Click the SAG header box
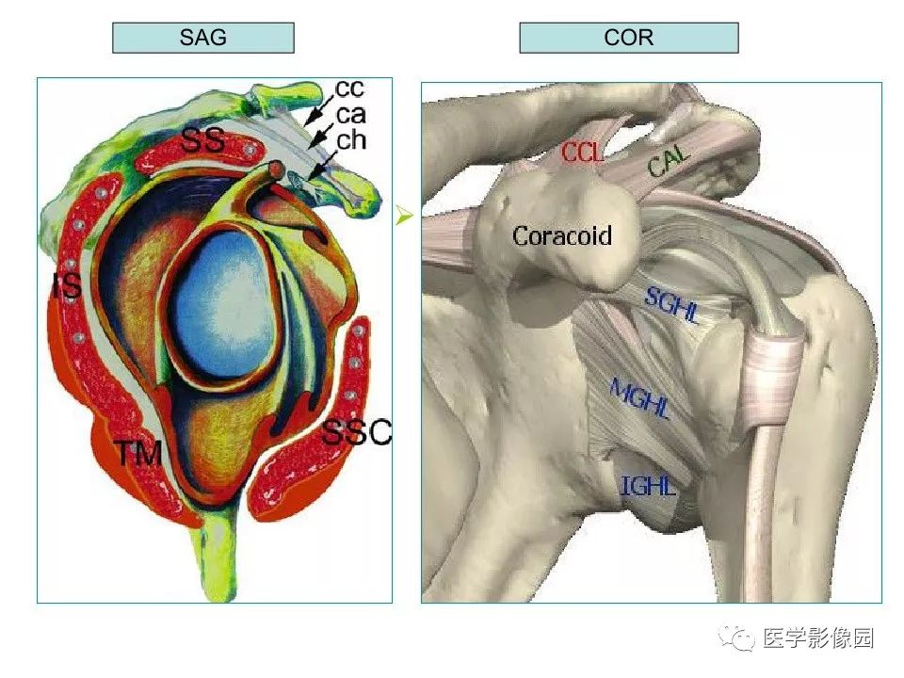(203, 38)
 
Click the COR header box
(628, 38)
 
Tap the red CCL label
(583, 153)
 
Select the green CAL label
(670, 161)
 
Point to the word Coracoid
(562, 235)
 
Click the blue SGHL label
(672, 305)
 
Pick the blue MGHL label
(639, 398)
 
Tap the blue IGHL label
(648, 486)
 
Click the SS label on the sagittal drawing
(203, 140)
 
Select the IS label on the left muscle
(66, 286)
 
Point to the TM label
(139, 454)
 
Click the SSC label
(356, 432)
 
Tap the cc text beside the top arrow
(349, 89)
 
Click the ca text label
(351, 115)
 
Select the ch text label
(351, 140)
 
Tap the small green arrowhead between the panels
(405, 217)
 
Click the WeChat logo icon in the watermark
(736, 638)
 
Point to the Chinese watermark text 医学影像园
(818, 638)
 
